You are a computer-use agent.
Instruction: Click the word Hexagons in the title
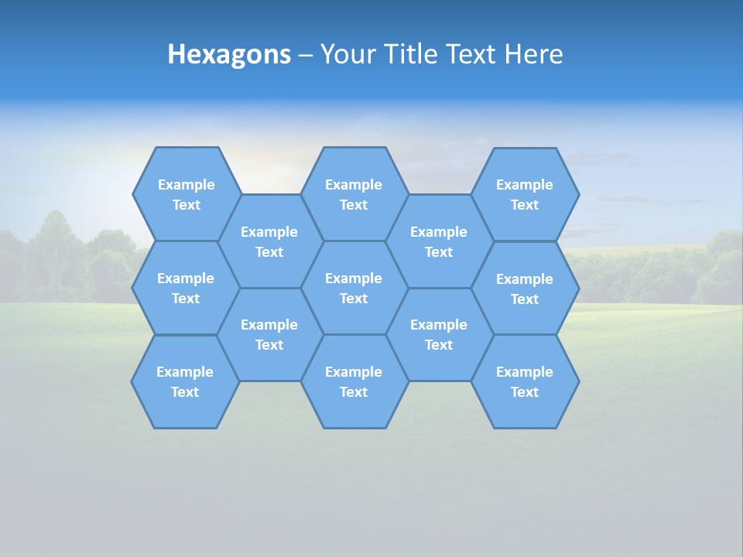pos(229,55)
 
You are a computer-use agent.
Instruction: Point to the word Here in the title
pos(533,54)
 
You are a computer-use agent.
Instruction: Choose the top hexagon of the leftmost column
pos(186,194)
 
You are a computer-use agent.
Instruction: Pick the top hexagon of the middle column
pos(354,194)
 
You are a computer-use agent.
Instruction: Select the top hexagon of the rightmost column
pos(525,194)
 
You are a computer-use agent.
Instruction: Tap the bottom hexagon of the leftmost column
pos(185,381)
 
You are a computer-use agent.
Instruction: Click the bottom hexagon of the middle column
pos(354,381)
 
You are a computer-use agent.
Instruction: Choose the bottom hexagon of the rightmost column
pos(525,381)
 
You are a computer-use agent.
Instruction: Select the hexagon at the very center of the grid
pos(354,288)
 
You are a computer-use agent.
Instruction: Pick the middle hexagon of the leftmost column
pos(186,288)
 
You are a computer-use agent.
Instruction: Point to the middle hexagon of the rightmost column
pos(525,289)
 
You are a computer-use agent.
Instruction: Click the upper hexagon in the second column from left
pos(269,241)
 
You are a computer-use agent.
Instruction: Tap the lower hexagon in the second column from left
pos(269,334)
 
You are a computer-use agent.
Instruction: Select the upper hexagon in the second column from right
pos(439,241)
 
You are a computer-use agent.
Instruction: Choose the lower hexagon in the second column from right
pos(439,334)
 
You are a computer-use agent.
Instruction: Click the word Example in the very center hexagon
pos(354,278)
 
